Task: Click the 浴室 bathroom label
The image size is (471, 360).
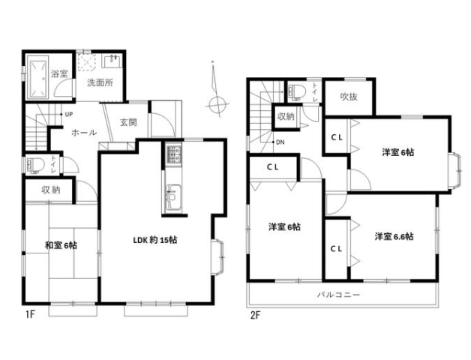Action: coord(59,73)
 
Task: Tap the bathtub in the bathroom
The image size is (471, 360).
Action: coord(38,77)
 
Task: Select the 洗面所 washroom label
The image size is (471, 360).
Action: coord(100,82)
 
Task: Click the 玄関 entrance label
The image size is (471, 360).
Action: coord(128,122)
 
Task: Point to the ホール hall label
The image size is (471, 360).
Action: coord(84,133)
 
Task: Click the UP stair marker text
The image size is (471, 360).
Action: coord(69,115)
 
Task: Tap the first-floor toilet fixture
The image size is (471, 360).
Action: coord(35,165)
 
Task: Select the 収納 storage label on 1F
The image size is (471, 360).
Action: coord(50,190)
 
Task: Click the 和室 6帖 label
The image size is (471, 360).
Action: coord(61,245)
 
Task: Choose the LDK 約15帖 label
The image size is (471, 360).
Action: coord(155,240)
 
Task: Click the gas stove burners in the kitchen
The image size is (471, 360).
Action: coord(173,154)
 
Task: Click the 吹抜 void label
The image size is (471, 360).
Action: coord(349,97)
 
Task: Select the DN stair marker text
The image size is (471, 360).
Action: coord(280,142)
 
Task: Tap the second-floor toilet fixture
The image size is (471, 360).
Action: coord(296,91)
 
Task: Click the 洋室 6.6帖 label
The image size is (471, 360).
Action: coord(394,236)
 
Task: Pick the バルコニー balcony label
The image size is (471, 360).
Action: coord(338,295)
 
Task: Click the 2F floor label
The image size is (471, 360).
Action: coord(256,316)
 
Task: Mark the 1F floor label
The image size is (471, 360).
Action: coord(30,314)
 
